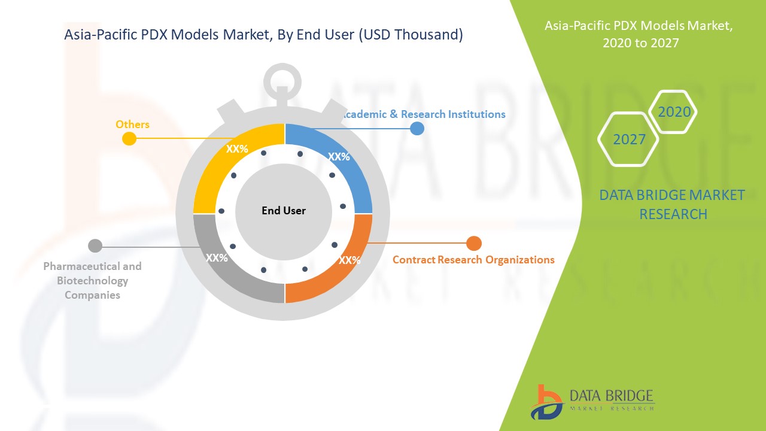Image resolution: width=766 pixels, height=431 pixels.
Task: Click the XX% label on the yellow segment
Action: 237,149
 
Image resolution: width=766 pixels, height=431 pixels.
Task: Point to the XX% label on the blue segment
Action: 339,157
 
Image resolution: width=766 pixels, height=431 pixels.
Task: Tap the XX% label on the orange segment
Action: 349,260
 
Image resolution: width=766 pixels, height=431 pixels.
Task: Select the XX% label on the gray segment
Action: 217,257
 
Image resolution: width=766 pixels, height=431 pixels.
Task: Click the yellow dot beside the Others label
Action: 129,138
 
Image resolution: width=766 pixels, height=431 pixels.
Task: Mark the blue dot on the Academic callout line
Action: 417,129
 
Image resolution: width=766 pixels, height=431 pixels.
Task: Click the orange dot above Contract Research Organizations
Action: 474,244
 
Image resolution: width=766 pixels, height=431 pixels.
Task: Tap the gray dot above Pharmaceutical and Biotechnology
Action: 95,246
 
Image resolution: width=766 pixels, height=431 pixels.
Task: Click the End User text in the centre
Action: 284,210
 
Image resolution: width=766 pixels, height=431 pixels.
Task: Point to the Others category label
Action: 132,124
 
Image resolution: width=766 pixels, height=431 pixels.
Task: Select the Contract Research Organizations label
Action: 473,260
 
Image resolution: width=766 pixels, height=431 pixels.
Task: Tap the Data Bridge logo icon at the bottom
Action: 546,402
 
